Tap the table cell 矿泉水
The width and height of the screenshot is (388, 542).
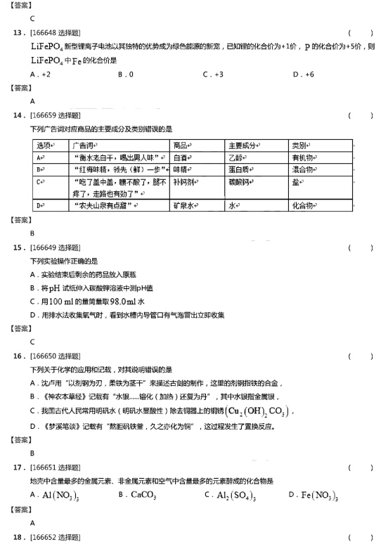[x=184, y=205]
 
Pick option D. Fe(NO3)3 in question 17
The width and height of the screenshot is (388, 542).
[x=314, y=495]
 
